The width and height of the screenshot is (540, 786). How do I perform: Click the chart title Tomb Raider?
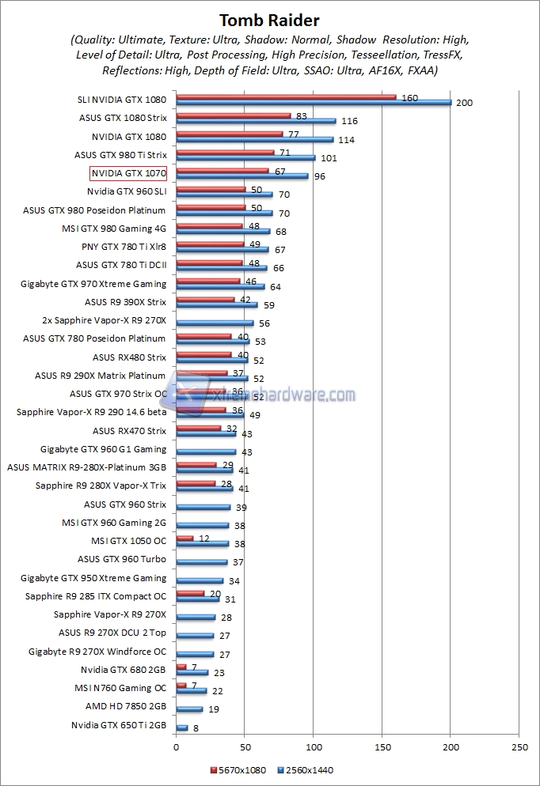(269, 21)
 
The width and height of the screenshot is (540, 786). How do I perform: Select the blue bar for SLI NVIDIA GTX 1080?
(313, 103)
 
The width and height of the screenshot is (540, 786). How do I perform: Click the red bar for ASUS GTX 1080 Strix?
(233, 115)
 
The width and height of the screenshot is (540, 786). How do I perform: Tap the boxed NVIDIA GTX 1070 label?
(128, 173)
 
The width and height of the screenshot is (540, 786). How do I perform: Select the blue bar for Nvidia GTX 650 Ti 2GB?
(181, 727)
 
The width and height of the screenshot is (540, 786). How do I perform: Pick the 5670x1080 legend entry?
(238, 769)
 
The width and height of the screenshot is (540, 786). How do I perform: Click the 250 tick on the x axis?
(519, 746)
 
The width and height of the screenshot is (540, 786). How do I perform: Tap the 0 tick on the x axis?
(176, 746)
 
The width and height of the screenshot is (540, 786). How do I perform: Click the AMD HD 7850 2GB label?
(126, 707)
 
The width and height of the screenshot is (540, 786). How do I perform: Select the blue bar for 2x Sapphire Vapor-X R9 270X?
(215, 323)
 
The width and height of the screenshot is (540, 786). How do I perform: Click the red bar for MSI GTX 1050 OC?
(184, 538)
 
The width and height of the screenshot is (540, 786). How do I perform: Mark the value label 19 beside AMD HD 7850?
(214, 709)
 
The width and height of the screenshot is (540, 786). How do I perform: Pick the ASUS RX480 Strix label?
(129, 357)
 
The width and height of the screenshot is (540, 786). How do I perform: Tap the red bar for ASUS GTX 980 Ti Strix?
(225, 152)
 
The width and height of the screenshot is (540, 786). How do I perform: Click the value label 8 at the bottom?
(196, 727)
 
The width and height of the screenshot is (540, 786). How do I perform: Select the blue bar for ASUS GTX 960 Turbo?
(201, 562)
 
